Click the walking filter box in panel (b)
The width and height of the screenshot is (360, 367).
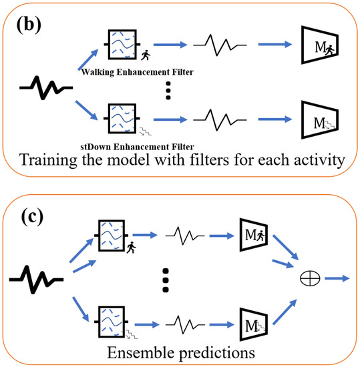[x=122, y=45]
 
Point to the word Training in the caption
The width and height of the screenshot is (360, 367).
[x=53, y=161]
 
